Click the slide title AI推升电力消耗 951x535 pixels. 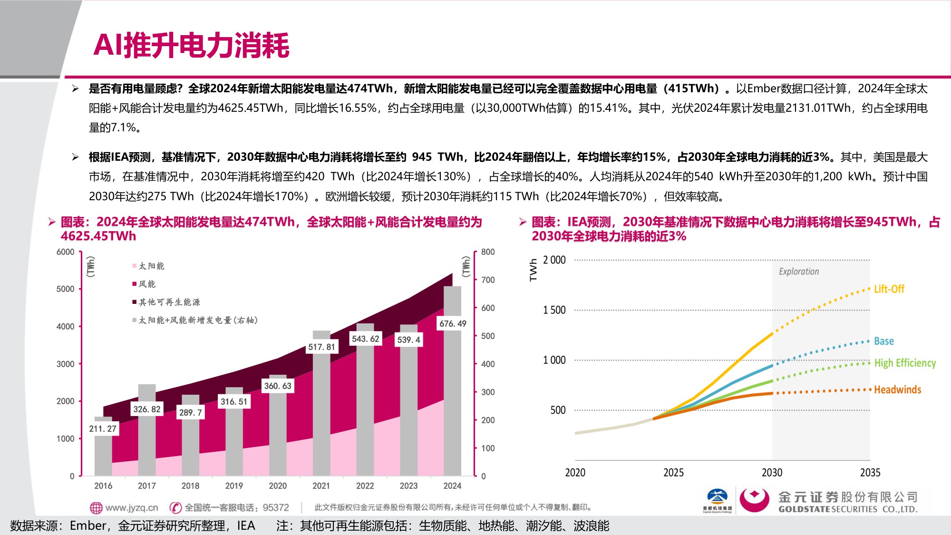(x=191, y=46)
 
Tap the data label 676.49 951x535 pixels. (x=452, y=324)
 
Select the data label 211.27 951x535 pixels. (x=103, y=429)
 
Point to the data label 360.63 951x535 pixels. (x=278, y=386)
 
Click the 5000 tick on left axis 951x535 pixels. (x=65, y=289)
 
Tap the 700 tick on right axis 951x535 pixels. (x=488, y=280)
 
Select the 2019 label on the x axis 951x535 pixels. (x=234, y=486)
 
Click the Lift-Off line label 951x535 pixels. (x=889, y=289)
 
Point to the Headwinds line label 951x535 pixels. (x=897, y=390)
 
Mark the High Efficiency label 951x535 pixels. (x=905, y=363)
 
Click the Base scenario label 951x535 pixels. (x=883, y=341)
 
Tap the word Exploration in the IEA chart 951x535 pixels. (x=799, y=272)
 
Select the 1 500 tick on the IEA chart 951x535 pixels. (x=554, y=310)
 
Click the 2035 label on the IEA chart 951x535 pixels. (x=870, y=473)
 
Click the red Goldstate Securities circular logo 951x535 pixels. (x=754, y=500)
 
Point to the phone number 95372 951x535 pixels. (x=276, y=508)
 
